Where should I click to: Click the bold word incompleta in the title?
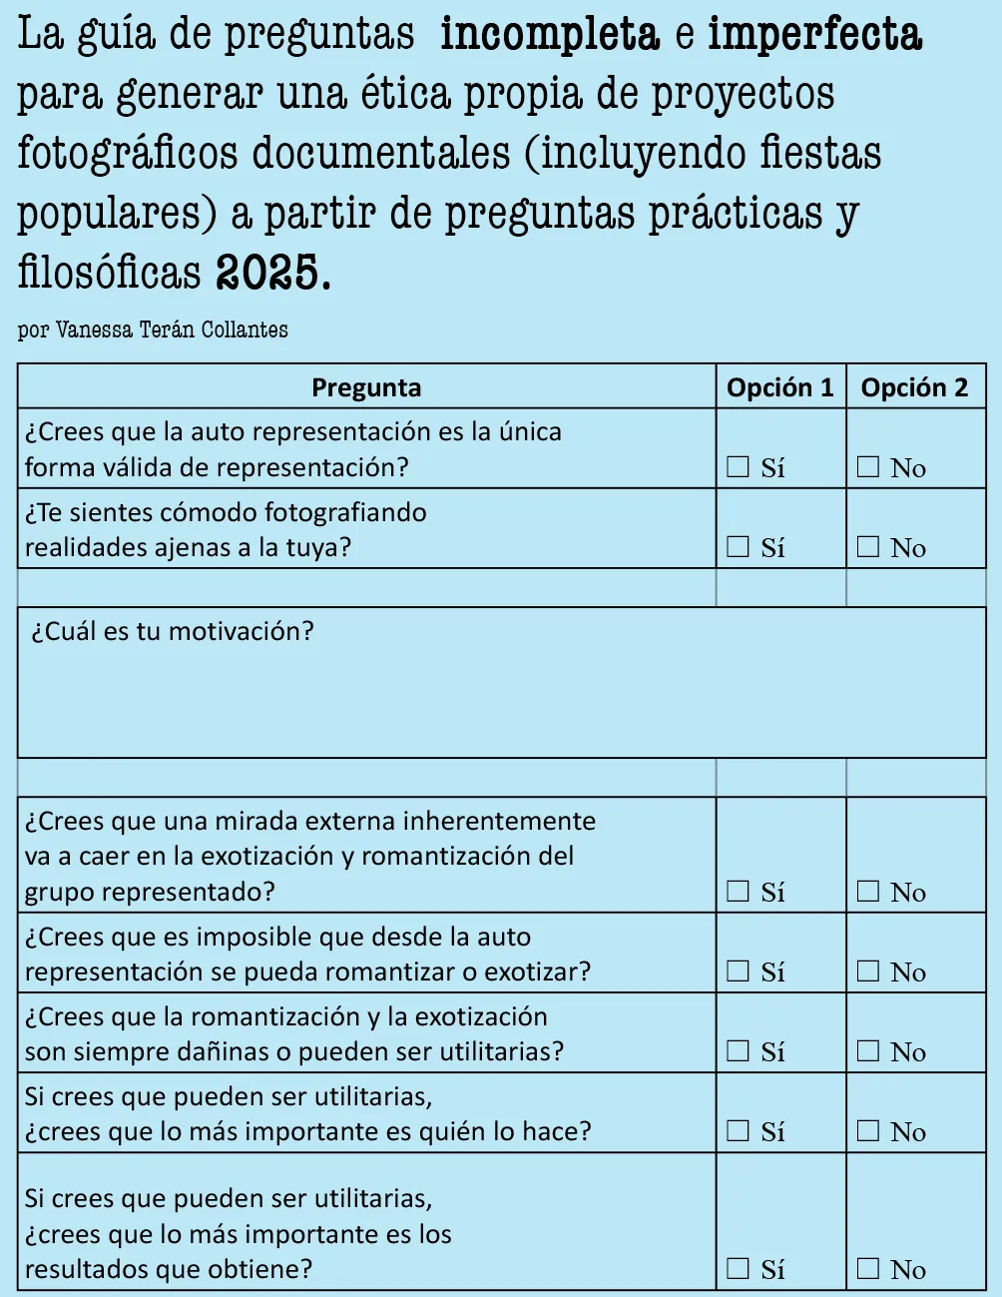(x=549, y=36)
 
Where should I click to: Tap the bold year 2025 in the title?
(x=270, y=272)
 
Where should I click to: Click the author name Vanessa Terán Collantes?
(x=172, y=330)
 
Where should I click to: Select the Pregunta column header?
(x=366, y=387)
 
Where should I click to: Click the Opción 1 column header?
(x=779, y=387)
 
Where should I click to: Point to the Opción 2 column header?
(x=914, y=387)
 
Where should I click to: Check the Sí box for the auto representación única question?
(x=738, y=466)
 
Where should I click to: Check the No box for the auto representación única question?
(x=868, y=466)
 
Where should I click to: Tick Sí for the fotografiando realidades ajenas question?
(x=738, y=546)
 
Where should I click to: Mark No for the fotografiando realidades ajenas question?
(x=868, y=546)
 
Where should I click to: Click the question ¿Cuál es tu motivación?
(x=173, y=632)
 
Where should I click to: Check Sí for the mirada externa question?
(x=738, y=891)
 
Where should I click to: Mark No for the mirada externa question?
(x=868, y=891)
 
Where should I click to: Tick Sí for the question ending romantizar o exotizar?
(x=738, y=971)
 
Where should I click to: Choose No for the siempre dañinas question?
(x=868, y=1050)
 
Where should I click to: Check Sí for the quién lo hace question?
(x=738, y=1130)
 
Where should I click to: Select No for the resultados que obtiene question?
(x=868, y=1268)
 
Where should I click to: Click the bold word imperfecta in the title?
(x=814, y=36)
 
